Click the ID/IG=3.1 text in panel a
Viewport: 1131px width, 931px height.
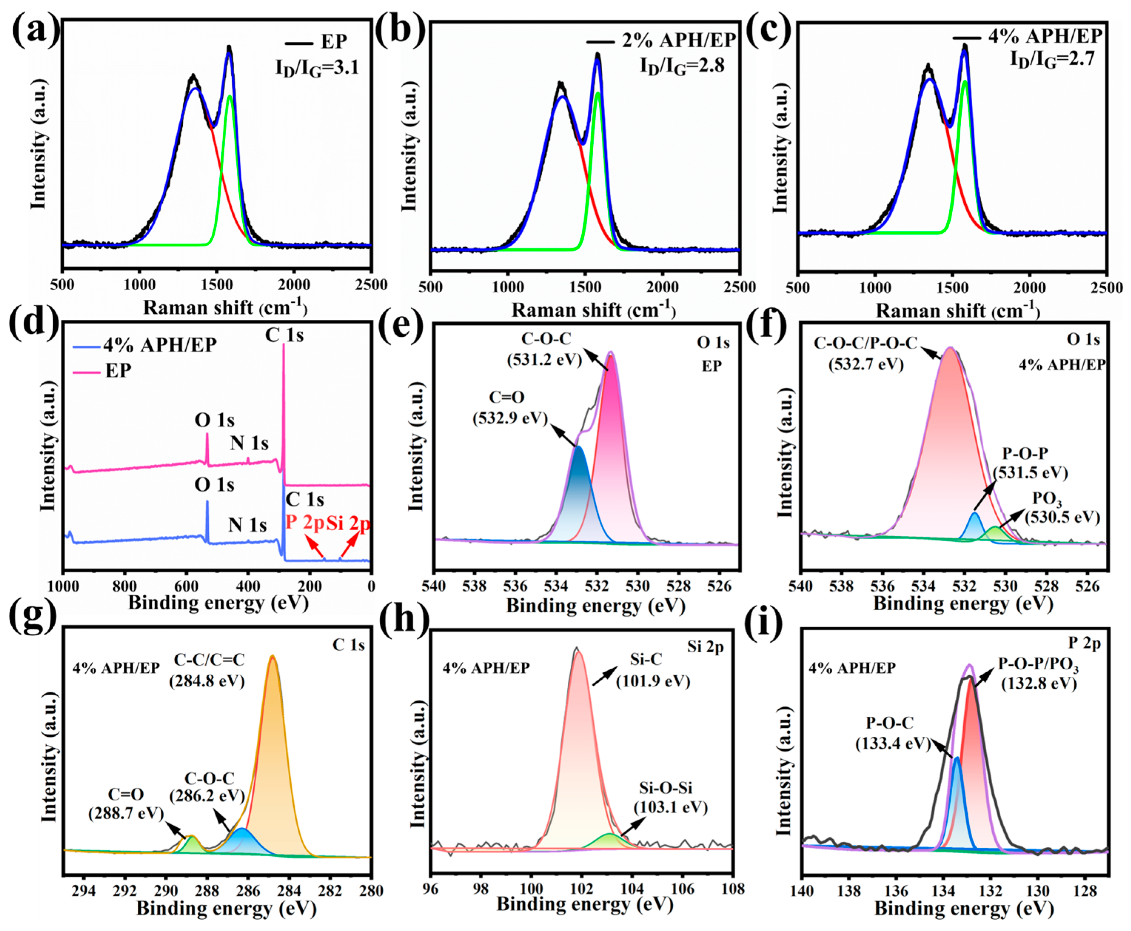click(x=316, y=68)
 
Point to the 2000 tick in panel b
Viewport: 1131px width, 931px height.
click(x=662, y=287)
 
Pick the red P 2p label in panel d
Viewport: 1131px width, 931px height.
click(x=305, y=523)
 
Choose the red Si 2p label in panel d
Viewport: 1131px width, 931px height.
click(x=349, y=523)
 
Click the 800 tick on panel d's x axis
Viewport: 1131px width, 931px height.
click(x=125, y=586)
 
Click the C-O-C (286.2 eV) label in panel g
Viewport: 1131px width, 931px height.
click(x=208, y=787)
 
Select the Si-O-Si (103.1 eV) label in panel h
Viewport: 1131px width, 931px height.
click(x=670, y=797)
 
